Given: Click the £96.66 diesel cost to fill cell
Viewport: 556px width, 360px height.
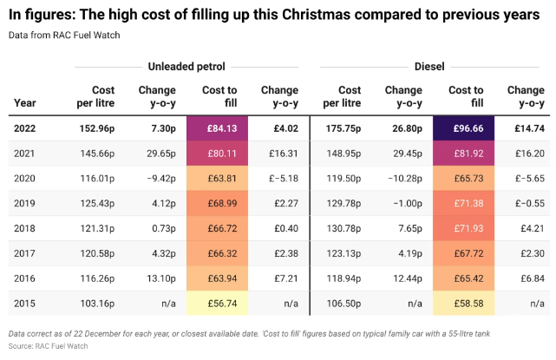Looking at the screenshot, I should click(x=466, y=128).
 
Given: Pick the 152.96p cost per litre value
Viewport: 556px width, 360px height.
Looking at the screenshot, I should click(x=103, y=128).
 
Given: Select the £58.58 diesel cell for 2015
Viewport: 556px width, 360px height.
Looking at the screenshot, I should click(x=466, y=304).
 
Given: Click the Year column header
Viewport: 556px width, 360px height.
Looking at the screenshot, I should click(x=25, y=102).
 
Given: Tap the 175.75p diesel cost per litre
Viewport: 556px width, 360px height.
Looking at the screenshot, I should click(x=349, y=128).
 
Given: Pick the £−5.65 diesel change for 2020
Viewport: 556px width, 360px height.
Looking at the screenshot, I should click(x=527, y=179).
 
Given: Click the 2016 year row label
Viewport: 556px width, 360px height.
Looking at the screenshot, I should click(x=26, y=279).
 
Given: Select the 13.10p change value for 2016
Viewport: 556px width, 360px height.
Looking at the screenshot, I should click(x=161, y=279).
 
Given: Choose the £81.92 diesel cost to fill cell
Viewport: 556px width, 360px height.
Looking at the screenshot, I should click(x=466, y=154).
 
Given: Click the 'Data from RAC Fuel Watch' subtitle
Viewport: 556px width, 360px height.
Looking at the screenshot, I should click(x=66, y=35).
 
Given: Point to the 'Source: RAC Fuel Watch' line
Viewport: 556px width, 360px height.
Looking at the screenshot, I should click(x=49, y=345).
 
